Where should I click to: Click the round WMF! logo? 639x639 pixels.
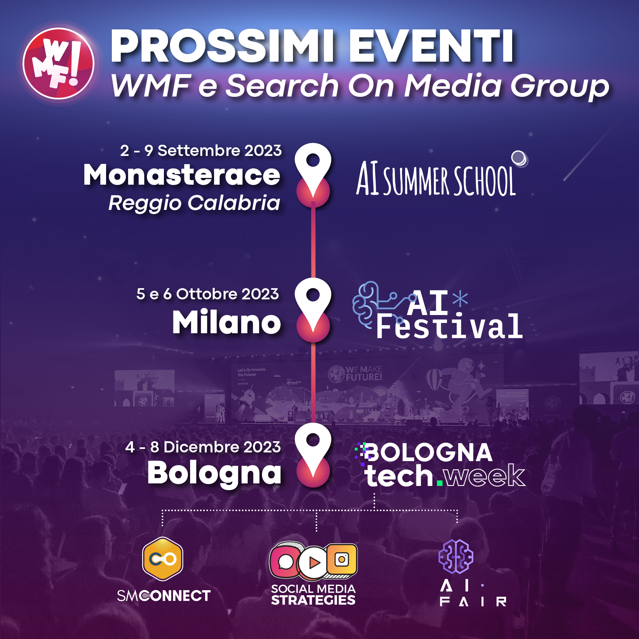pos(58,64)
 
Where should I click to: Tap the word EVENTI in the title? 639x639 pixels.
pos(431,46)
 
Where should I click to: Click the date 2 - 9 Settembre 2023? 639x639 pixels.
pos(201,151)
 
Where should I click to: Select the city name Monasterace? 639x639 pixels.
pos(181,175)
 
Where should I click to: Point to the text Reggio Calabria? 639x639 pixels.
pos(195,203)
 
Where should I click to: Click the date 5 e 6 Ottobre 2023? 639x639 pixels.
pos(208,294)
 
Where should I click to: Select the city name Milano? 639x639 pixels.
pos(227,322)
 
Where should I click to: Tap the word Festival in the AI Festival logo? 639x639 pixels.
pos(450,327)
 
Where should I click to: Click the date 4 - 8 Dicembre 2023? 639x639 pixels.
pos(203,447)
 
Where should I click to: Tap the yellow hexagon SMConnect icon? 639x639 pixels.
pos(163,559)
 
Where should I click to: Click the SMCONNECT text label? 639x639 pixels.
pos(164,596)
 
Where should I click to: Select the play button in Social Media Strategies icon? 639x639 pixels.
pos(313,563)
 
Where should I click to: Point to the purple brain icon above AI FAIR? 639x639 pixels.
pos(456,556)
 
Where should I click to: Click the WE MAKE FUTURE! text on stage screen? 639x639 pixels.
pos(364,373)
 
